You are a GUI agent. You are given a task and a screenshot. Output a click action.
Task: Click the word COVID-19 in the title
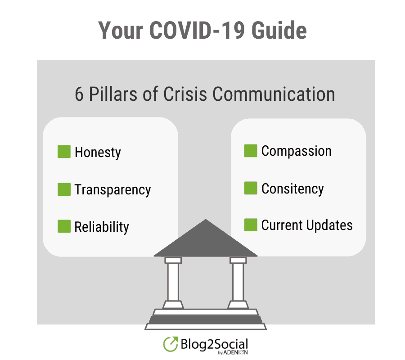pyautogui.click(x=197, y=30)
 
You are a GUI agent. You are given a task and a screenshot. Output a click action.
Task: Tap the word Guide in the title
pyautogui.click(x=279, y=30)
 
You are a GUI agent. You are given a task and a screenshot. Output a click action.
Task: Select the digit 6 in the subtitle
pyautogui.click(x=79, y=94)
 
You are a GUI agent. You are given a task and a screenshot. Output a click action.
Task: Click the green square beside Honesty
pyautogui.click(x=64, y=151)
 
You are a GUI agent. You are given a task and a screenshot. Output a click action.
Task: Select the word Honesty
pyautogui.click(x=98, y=153)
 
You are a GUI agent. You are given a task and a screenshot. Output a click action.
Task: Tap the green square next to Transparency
pyautogui.click(x=64, y=189)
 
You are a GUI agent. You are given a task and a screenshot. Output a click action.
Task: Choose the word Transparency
pyautogui.click(x=112, y=190)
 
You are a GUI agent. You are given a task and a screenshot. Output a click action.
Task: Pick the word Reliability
pyautogui.click(x=102, y=227)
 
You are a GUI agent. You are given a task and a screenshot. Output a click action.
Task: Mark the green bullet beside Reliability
pyautogui.click(x=64, y=226)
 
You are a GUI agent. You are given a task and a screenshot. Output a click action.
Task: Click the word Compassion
pyautogui.click(x=296, y=151)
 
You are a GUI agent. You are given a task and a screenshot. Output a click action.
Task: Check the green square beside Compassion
pyautogui.click(x=251, y=151)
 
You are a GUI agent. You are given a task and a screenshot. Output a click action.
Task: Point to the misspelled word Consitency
pyautogui.click(x=292, y=189)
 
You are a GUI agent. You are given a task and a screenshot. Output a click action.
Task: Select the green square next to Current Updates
pyautogui.click(x=251, y=225)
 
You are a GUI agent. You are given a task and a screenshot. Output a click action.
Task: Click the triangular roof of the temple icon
pyautogui.click(x=206, y=242)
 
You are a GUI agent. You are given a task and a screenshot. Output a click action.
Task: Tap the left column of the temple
pyautogui.click(x=173, y=283)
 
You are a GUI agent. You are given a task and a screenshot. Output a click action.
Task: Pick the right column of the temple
pyautogui.click(x=238, y=283)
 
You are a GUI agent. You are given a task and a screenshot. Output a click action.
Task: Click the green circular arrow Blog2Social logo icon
pyautogui.click(x=171, y=344)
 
